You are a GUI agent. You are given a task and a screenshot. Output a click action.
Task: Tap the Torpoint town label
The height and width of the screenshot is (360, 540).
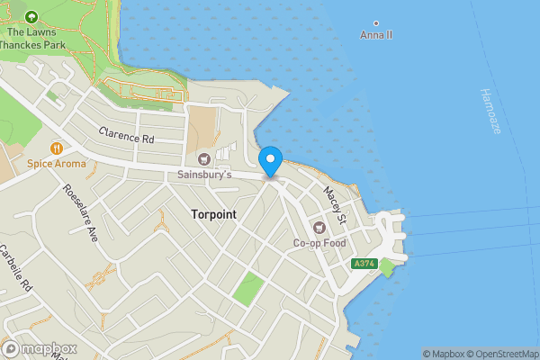[x=217, y=215]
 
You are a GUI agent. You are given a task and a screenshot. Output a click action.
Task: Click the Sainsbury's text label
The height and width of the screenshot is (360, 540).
[x=204, y=174]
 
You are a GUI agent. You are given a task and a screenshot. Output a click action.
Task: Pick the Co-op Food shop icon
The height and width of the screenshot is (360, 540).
[x=319, y=226]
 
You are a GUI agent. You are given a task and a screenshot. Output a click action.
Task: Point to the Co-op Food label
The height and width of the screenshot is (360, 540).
[x=319, y=242]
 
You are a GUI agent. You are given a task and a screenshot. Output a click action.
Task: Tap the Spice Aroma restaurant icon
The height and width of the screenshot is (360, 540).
[x=56, y=148]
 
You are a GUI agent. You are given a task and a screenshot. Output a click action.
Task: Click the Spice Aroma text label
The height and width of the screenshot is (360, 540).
[x=57, y=164]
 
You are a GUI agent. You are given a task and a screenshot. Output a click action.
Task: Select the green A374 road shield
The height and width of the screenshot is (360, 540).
[x=364, y=264]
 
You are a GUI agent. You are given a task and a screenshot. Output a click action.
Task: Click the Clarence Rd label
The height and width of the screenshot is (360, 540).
[x=127, y=139]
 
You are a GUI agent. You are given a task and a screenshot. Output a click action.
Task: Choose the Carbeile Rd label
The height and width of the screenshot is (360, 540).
[x=16, y=268]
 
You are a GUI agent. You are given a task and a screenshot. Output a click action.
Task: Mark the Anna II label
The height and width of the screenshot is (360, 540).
[x=376, y=35]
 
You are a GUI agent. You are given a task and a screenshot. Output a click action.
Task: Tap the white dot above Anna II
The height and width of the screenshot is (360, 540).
[x=376, y=23]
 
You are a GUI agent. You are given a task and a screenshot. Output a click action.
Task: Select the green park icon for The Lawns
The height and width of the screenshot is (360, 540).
[x=32, y=17]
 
